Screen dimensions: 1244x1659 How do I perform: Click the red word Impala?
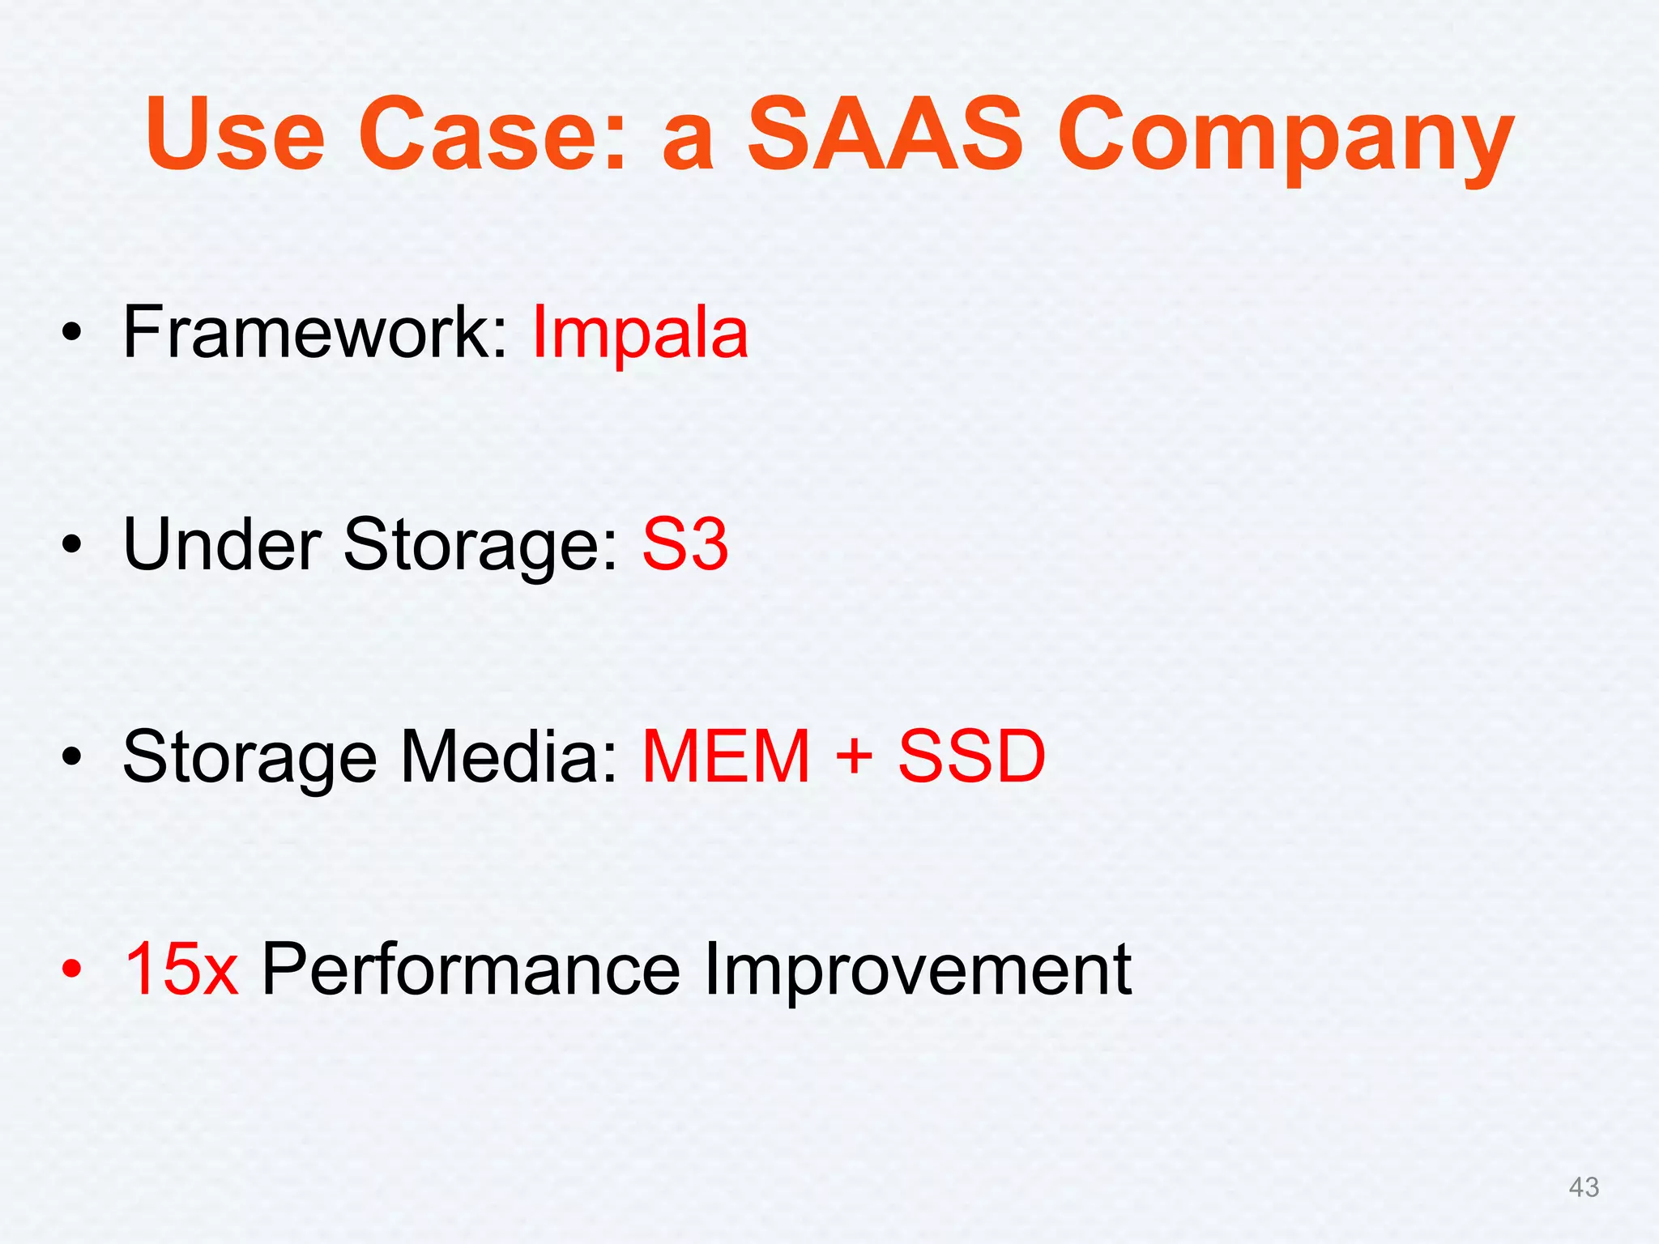[x=640, y=334]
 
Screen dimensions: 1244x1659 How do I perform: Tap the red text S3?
[x=685, y=544]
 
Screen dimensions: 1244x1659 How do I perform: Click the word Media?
[x=509, y=756]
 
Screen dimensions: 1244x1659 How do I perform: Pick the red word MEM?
[x=726, y=756]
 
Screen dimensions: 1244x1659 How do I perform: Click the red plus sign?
[x=854, y=758]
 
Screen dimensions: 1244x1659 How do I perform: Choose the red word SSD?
[x=971, y=756]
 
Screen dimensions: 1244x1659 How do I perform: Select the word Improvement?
[x=917, y=970]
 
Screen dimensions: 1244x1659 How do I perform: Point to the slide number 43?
[x=1584, y=1187]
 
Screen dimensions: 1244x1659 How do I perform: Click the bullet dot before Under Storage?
[x=72, y=544]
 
